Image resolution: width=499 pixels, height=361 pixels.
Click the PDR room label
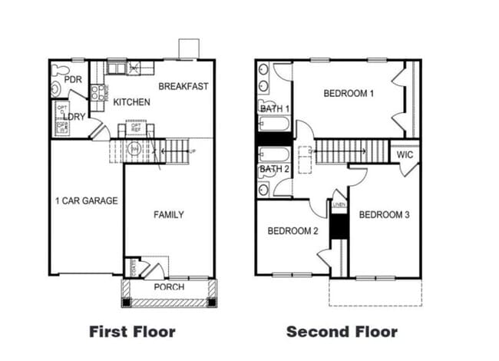click(73, 80)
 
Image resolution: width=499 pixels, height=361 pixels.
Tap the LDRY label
click(74, 117)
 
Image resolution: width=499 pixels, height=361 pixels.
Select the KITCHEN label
click(131, 102)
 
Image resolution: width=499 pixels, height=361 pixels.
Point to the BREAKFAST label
click(183, 86)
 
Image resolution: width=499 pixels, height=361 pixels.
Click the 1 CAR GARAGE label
click(86, 201)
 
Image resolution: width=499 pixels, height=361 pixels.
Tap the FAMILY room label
click(168, 214)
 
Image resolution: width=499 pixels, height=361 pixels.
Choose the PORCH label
click(169, 287)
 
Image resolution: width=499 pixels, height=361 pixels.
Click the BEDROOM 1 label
click(349, 94)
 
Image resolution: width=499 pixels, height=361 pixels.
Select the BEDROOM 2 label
click(292, 230)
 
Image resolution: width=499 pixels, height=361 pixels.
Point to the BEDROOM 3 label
click(384, 214)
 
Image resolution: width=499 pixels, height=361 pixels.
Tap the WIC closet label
click(405, 155)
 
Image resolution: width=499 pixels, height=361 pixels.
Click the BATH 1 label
click(275, 109)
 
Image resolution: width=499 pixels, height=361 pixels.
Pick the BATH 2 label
click(274, 168)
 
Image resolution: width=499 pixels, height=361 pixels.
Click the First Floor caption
click(132, 332)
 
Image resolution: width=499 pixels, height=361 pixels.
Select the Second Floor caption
click(342, 332)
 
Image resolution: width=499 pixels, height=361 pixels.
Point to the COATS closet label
click(134, 268)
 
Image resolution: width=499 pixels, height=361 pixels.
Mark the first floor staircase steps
click(177, 151)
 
